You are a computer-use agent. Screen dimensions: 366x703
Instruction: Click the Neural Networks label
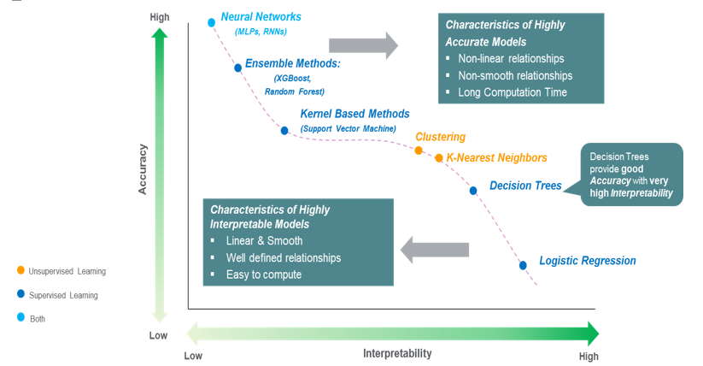pyautogui.click(x=261, y=17)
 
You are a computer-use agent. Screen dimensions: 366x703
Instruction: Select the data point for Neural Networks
pyautogui.click(x=211, y=22)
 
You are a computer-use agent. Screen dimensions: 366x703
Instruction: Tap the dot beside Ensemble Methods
pyautogui.click(x=237, y=67)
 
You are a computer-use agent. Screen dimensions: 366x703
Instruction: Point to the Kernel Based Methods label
pyautogui.click(x=354, y=114)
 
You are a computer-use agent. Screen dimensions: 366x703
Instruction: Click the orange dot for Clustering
pyautogui.click(x=419, y=150)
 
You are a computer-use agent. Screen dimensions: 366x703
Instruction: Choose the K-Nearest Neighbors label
pyautogui.click(x=496, y=158)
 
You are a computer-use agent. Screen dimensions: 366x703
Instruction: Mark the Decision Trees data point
pyautogui.click(x=473, y=190)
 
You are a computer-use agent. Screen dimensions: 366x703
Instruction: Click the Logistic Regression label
pyautogui.click(x=588, y=261)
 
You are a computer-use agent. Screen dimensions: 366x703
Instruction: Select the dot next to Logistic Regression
pyautogui.click(x=523, y=265)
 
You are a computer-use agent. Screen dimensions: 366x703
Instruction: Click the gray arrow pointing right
pyautogui.click(x=363, y=45)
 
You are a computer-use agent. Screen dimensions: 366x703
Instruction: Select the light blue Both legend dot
pyautogui.click(x=20, y=318)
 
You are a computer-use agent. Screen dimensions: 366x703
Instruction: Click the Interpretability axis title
pyautogui.click(x=397, y=353)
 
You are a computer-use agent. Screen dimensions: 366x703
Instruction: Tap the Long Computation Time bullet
pyautogui.click(x=512, y=92)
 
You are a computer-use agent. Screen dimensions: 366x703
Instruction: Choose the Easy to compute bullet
pyautogui.click(x=264, y=274)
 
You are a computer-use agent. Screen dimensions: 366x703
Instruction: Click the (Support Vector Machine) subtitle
pyautogui.click(x=348, y=128)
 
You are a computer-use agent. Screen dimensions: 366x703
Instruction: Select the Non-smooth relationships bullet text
pyautogui.click(x=515, y=75)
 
